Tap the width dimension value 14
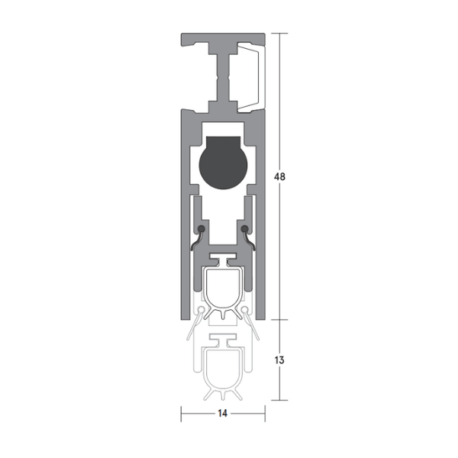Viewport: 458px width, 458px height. (223, 414)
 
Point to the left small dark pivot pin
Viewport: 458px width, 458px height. (201, 228)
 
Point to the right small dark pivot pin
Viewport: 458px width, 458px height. (244, 228)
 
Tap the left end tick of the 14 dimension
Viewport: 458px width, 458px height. (181, 414)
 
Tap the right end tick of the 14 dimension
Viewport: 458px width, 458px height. (264, 414)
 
